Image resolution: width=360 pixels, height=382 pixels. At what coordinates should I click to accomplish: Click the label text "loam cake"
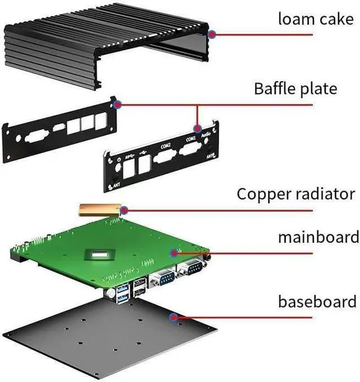[317, 19]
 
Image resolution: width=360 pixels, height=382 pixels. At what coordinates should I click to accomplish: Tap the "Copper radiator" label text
[295, 194]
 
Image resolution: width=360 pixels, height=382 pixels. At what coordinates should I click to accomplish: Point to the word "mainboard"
[318, 237]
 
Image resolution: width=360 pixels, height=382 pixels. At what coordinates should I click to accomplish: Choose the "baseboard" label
[317, 301]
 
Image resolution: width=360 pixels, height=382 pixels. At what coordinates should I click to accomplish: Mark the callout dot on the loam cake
[212, 34]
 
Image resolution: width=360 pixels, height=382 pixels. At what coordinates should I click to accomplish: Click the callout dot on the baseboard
[174, 317]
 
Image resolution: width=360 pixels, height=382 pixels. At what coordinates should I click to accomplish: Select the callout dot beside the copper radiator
[124, 211]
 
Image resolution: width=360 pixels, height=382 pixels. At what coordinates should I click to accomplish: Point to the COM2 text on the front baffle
[165, 145]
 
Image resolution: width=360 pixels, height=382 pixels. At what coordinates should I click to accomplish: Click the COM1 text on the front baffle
[191, 138]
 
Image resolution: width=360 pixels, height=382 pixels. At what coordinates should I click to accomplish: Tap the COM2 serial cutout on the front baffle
[163, 156]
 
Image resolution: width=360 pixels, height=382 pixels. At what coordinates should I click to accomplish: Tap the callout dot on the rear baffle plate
[117, 103]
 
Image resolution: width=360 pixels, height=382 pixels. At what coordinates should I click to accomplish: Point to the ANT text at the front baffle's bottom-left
[116, 184]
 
